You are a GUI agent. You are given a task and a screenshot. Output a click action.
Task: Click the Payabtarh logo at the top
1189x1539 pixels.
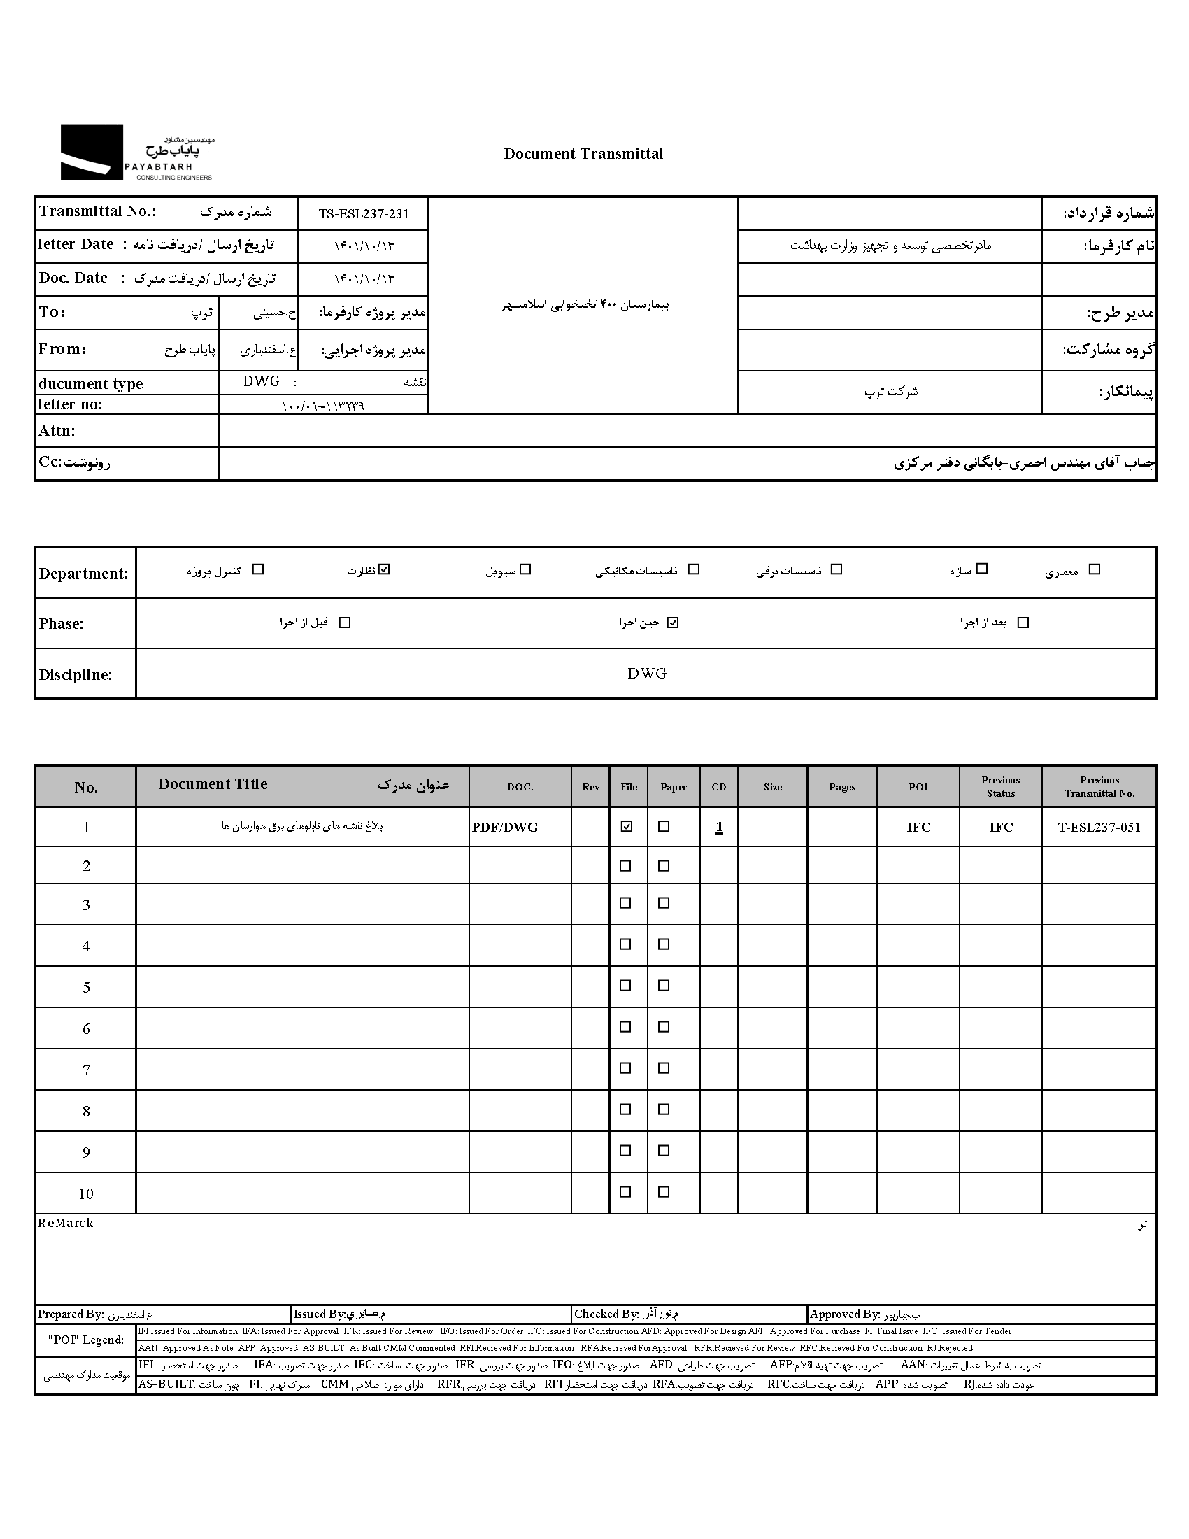[x=136, y=153]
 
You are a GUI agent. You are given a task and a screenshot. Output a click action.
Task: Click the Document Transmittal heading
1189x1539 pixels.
[x=583, y=154]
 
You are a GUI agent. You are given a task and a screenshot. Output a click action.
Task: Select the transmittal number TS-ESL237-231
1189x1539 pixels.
[x=364, y=214]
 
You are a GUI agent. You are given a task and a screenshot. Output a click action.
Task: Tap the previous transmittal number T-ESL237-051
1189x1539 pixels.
[x=1099, y=828]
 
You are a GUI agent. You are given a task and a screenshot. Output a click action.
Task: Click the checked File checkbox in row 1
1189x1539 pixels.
[x=626, y=827]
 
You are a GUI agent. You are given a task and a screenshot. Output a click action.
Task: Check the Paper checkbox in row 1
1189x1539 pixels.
[x=664, y=827]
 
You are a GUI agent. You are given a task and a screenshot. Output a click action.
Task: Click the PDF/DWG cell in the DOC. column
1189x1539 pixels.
[x=505, y=828]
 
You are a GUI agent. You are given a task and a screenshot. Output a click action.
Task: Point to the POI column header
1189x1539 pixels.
[x=918, y=787]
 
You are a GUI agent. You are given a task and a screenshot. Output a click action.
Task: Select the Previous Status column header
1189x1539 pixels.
[x=1000, y=786]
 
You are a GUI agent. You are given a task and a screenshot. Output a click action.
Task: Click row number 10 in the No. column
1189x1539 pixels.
[x=86, y=1193]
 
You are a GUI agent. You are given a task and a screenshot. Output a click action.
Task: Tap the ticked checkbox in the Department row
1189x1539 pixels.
[x=384, y=569]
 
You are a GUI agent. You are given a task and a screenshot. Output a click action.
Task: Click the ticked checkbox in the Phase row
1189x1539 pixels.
[x=673, y=622]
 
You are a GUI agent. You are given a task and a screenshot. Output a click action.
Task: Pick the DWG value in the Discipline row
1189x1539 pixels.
[x=647, y=674]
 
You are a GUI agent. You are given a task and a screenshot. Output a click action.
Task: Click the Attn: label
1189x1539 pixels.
[x=57, y=431]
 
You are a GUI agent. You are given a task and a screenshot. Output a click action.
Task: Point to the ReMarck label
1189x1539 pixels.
[x=66, y=1224]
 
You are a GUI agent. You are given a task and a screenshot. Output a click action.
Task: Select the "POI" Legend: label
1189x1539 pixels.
[x=86, y=1340]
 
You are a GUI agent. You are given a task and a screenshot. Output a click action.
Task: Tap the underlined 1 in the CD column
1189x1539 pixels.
[x=719, y=828]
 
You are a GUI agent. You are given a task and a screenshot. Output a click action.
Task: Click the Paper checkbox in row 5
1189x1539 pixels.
[x=664, y=986]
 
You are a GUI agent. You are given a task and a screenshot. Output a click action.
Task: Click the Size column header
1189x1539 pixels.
[x=773, y=787]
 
